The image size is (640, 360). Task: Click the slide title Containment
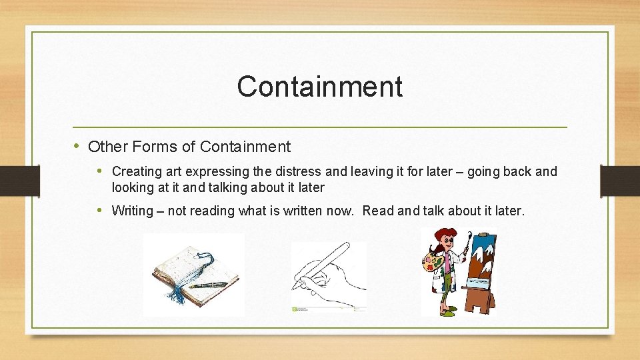[319, 87]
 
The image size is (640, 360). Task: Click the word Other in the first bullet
[103, 147]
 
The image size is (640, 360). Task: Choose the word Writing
[132, 211]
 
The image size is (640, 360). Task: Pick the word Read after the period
[378, 211]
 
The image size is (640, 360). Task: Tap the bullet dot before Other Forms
[77, 146]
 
